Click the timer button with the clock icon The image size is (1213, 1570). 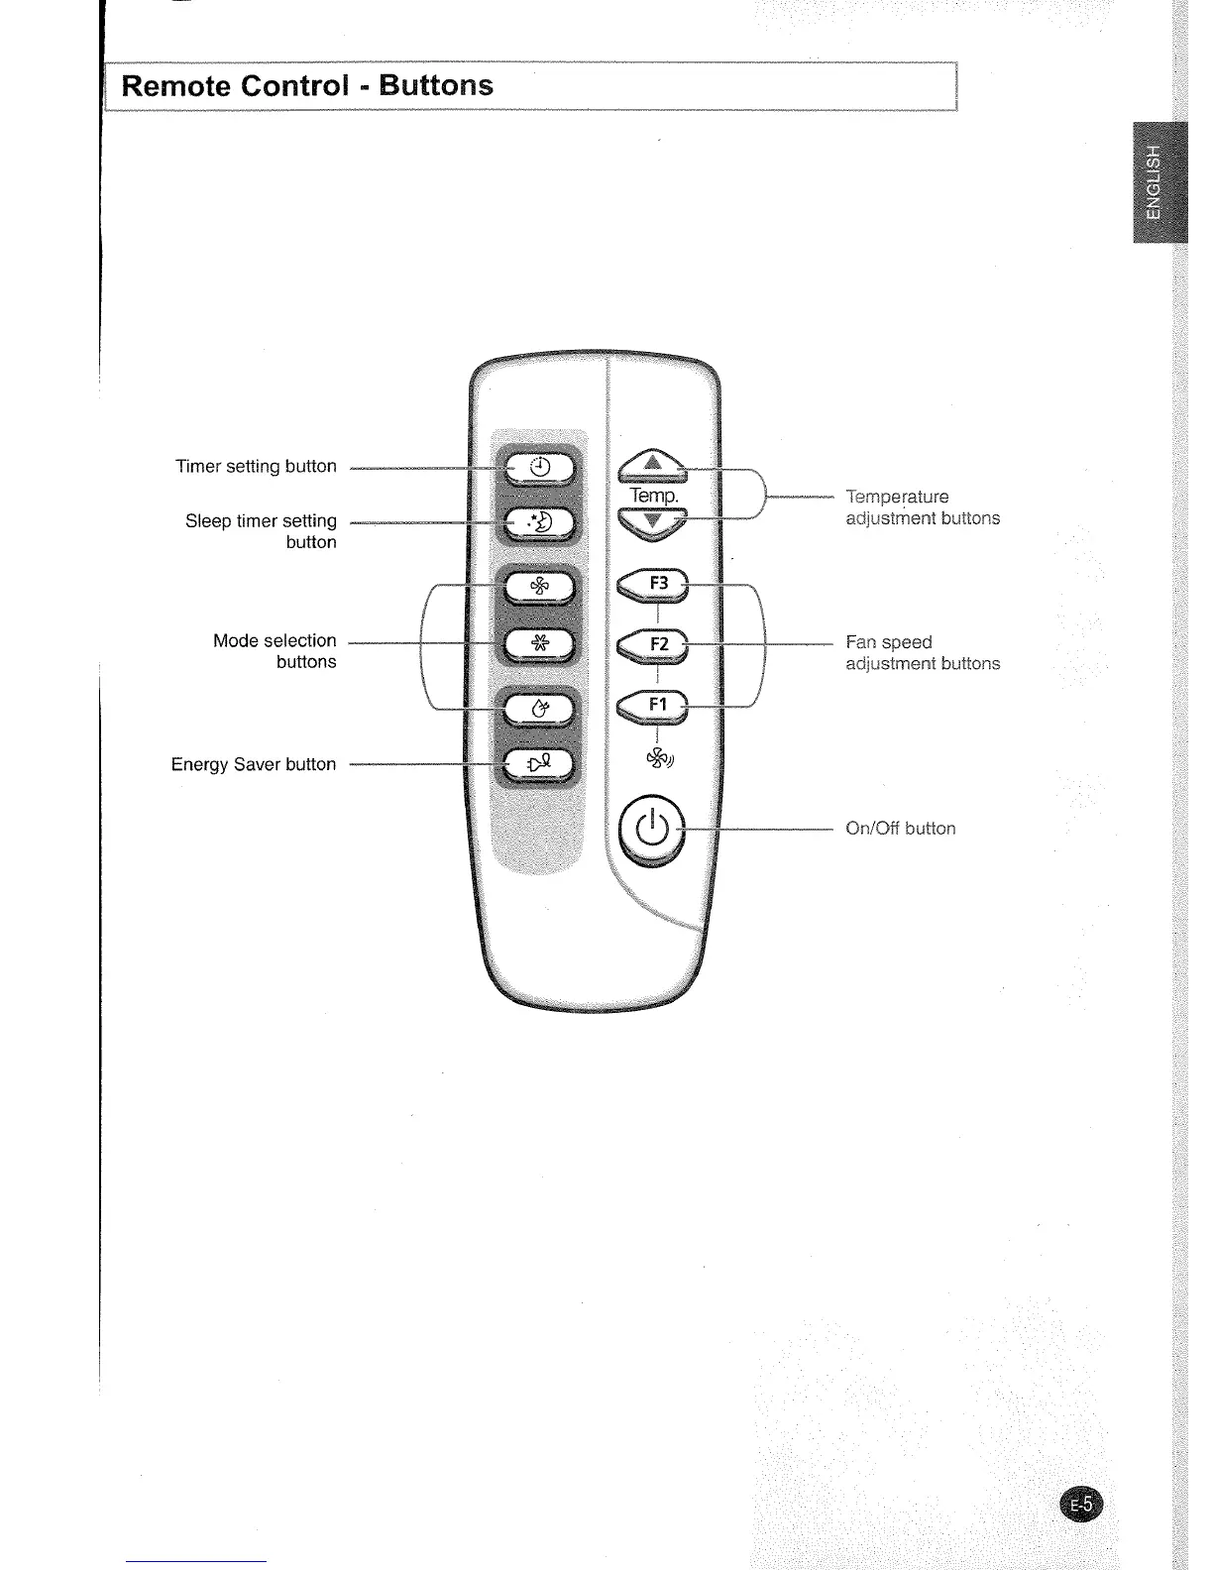coord(539,468)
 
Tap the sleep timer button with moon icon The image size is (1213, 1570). coord(539,522)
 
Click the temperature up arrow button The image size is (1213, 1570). coord(651,463)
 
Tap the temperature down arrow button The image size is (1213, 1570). coord(651,522)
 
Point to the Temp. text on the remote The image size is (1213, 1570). coord(653,495)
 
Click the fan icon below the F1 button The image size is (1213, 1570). coord(659,758)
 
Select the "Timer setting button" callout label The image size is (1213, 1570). coord(256,466)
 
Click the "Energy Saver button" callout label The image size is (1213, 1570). coord(254,764)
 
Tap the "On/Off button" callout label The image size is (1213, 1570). coord(900,829)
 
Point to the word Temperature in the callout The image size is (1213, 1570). coord(897,497)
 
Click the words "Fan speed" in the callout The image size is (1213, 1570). coord(889,642)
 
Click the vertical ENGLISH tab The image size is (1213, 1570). coord(1153,182)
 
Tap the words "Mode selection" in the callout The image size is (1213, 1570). coord(275,640)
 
